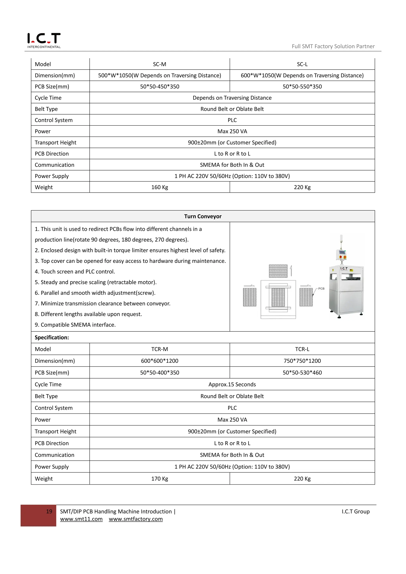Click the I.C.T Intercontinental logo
click(x=44, y=40)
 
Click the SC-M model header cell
click(x=160, y=64)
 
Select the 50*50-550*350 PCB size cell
click(x=302, y=86)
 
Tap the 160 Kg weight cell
click(x=160, y=187)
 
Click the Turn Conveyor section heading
click(x=203, y=216)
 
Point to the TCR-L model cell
click(x=302, y=349)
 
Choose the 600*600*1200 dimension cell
click(x=160, y=361)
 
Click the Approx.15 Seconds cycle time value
click(x=232, y=384)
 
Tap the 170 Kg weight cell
click(x=160, y=478)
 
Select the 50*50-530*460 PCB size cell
click(x=302, y=372)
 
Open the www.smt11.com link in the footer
click(x=81, y=519)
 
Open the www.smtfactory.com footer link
click(x=136, y=519)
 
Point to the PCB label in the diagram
click(x=321, y=289)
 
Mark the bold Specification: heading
click(x=52, y=338)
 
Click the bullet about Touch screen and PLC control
click(x=75, y=272)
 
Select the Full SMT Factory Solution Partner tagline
click(x=333, y=46)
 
